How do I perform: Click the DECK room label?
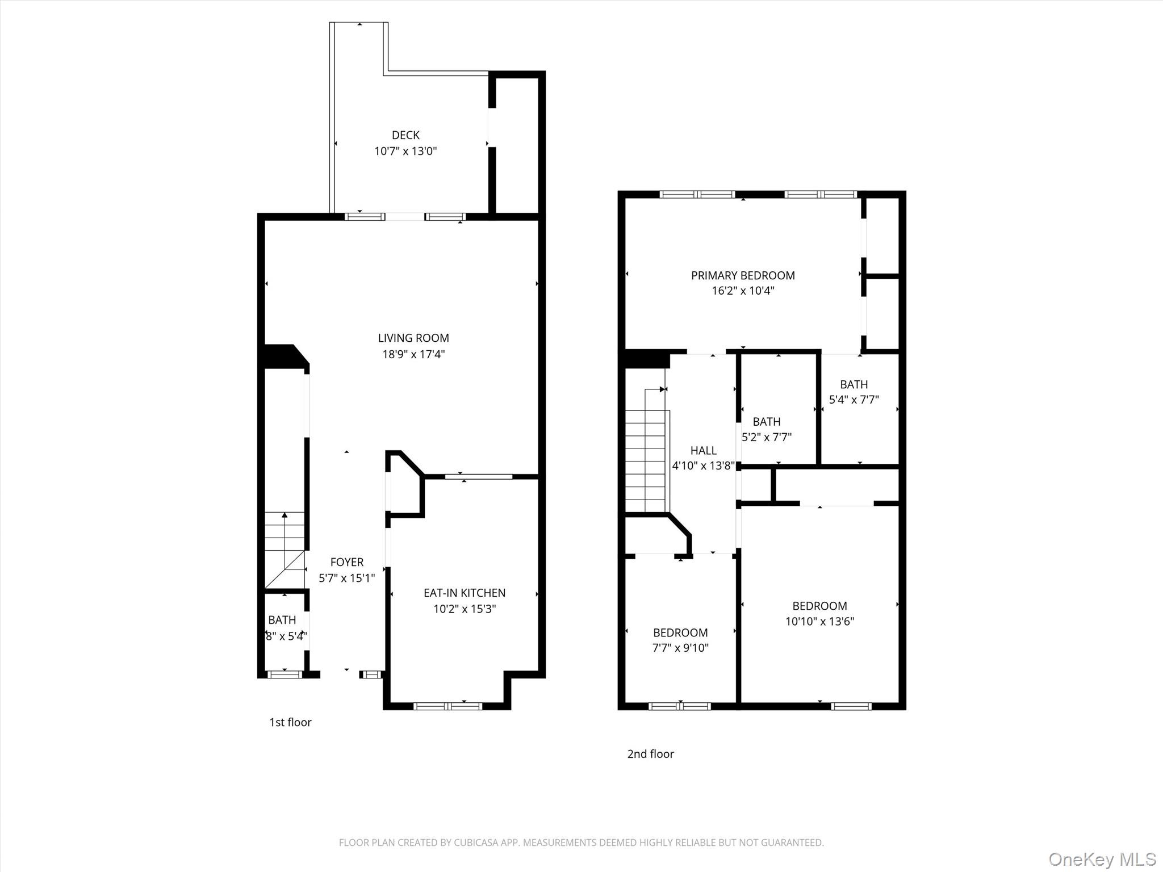405,135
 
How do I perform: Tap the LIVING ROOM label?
413,338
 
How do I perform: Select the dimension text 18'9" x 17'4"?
413,354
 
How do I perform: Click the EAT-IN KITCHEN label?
465,593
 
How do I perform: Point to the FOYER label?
347,562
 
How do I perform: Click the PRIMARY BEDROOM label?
743,275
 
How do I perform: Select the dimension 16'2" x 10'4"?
743,291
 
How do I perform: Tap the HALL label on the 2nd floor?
704,450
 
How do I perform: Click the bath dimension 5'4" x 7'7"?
854,400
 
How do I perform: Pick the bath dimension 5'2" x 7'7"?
767,437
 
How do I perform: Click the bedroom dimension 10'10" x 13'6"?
819,621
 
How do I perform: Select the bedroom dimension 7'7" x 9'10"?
680,648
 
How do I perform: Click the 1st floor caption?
290,722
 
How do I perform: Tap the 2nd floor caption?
650,754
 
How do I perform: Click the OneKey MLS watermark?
1102,860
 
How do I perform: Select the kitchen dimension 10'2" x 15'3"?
465,609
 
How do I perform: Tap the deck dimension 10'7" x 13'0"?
405,151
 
